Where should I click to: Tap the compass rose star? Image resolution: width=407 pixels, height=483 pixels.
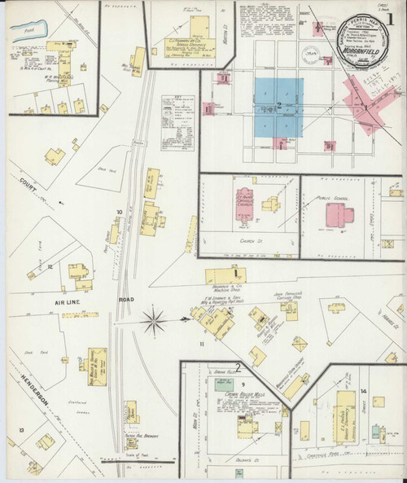coord(152,321)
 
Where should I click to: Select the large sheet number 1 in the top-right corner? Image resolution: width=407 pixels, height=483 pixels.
coord(396,15)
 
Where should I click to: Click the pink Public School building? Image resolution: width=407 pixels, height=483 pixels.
coord(339,214)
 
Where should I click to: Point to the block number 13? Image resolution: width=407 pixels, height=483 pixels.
coord(22,429)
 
